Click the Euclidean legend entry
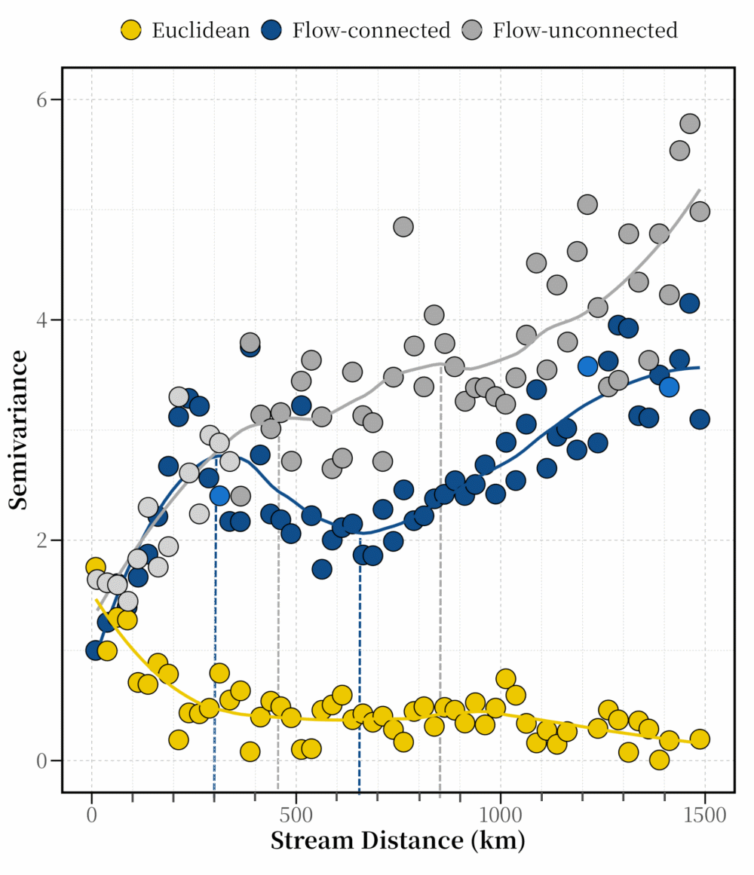point(185,30)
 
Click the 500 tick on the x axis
point(296,815)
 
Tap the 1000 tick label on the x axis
point(501,815)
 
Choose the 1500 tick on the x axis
point(705,815)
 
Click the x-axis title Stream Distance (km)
point(397,840)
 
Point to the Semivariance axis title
point(20,430)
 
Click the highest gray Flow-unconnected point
point(689,124)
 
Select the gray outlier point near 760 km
point(403,226)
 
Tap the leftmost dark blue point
point(95,650)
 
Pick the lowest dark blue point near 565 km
point(322,569)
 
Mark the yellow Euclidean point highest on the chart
point(95,567)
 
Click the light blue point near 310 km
point(219,496)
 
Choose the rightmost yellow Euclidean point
point(700,739)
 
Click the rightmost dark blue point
point(700,420)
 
